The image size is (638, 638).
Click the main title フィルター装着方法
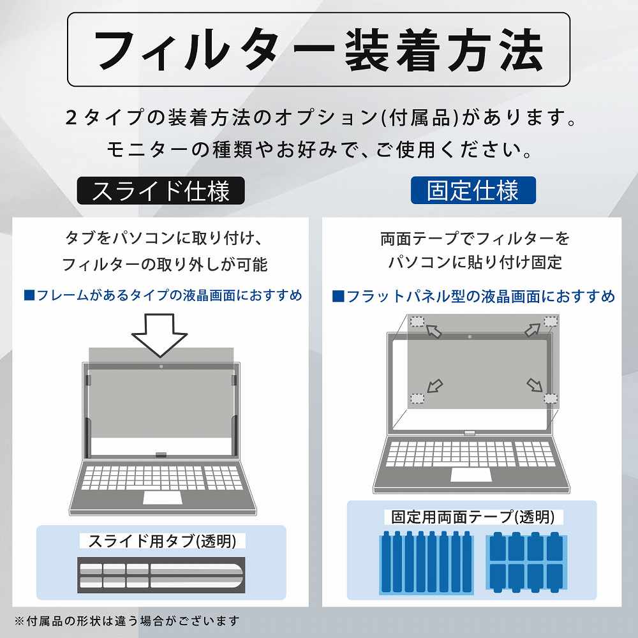tap(318, 50)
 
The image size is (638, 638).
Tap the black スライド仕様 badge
tap(161, 191)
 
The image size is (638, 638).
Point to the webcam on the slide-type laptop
tap(160, 366)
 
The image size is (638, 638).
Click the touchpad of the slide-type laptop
tap(161, 497)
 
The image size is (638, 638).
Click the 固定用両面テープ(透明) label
tap(471, 517)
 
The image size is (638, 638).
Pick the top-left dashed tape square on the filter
tap(417, 322)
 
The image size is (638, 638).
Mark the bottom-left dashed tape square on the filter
tap(417, 399)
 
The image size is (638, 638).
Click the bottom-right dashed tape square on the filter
tap(550, 398)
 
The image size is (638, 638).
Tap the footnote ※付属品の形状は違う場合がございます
tap(127, 620)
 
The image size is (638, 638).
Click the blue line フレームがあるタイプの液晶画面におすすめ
tap(163, 295)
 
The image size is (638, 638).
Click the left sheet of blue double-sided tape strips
tap(426, 562)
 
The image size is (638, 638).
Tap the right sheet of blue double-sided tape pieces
tap(525, 562)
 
